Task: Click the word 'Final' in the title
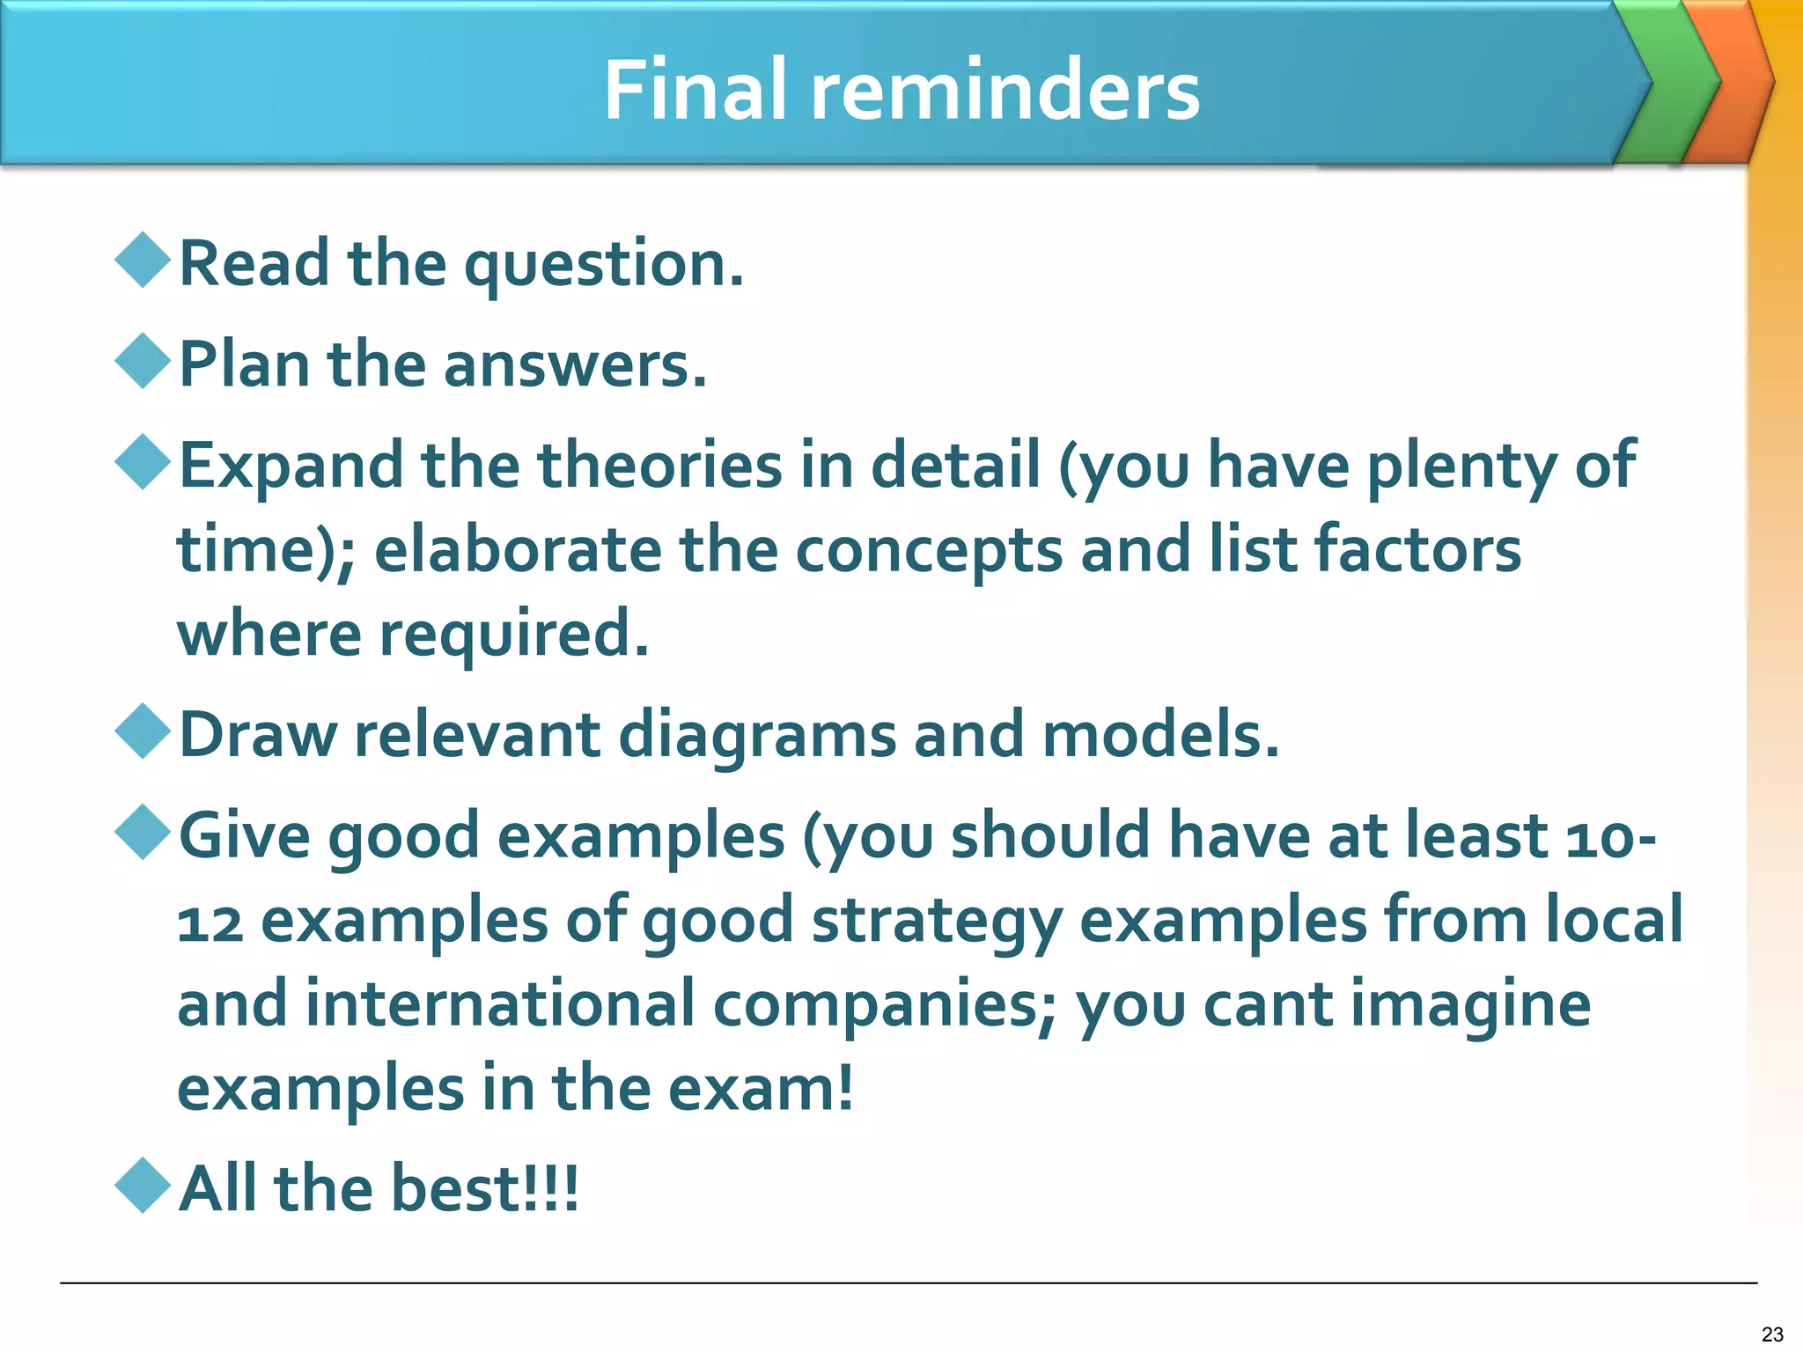(x=695, y=90)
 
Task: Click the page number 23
(x=1772, y=1334)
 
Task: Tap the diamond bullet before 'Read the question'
(x=143, y=260)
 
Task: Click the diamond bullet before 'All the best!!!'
(x=143, y=1186)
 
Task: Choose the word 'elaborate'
(x=518, y=549)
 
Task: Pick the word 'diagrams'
(x=757, y=736)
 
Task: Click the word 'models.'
(x=1160, y=734)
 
